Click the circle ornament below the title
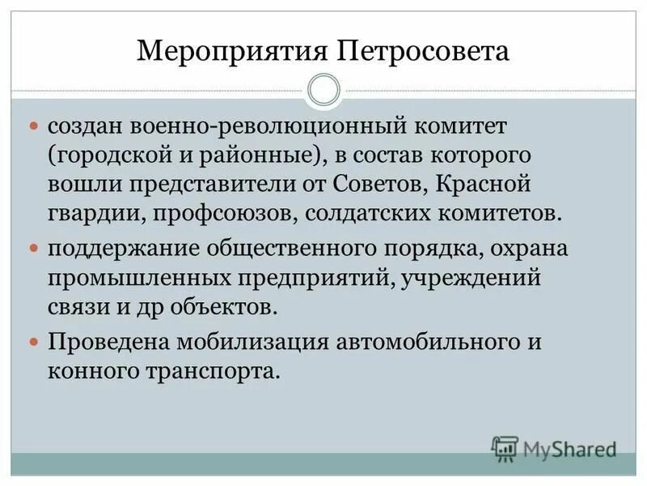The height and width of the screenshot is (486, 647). (x=323, y=90)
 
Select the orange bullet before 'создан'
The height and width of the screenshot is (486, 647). (x=34, y=128)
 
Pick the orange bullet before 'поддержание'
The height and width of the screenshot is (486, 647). (x=34, y=246)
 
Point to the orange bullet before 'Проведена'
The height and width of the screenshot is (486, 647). (x=34, y=340)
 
